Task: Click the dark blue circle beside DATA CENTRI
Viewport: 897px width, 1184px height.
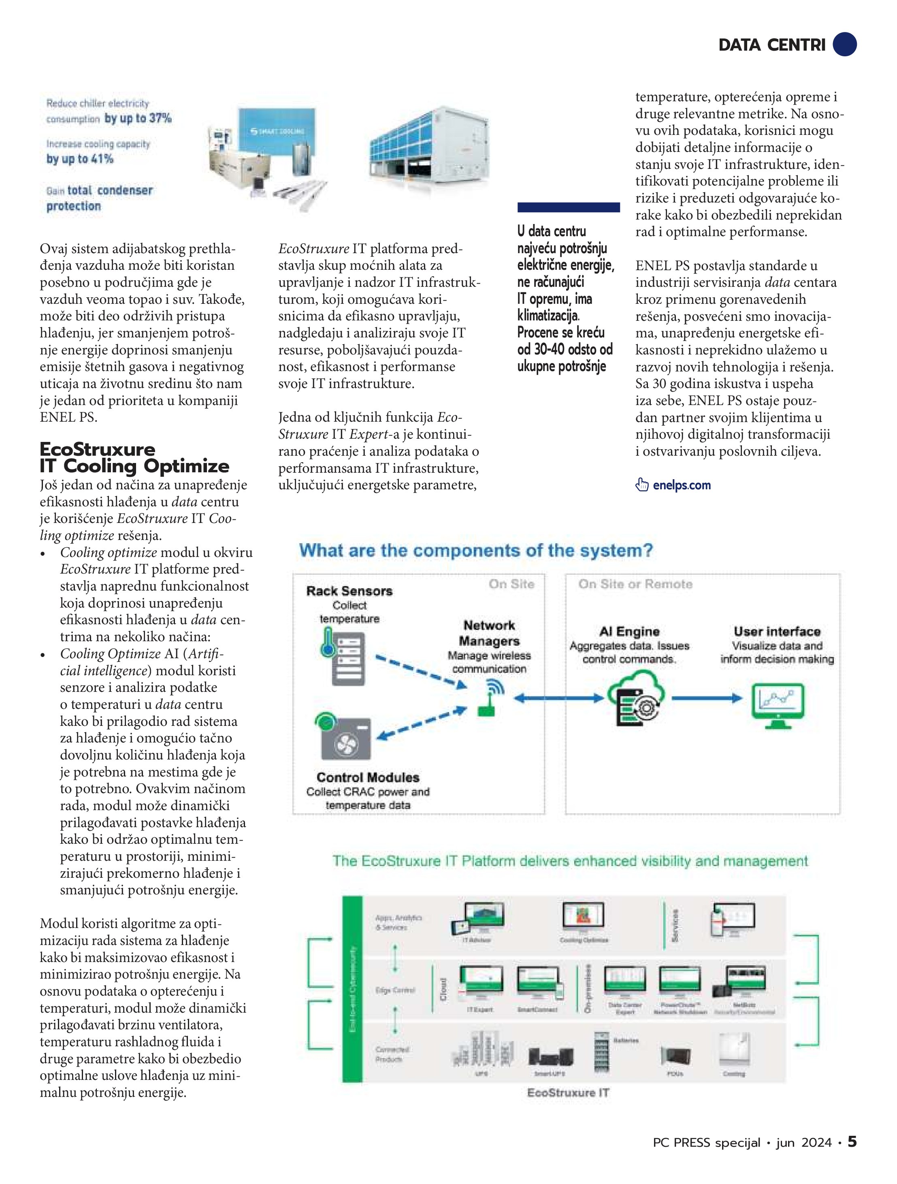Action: (x=844, y=44)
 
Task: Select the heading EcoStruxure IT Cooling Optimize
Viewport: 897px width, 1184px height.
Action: (x=134, y=458)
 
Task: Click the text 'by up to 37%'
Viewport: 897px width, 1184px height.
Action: (x=138, y=118)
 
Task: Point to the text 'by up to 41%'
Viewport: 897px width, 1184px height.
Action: (x=80, y=158)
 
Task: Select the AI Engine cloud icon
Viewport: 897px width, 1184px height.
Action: (x=635, y=700)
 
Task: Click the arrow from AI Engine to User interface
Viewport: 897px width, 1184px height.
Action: (x=706, y=698)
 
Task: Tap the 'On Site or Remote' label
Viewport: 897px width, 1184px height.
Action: (x=635, y=584)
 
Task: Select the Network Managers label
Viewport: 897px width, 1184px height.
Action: (x=489, y=633)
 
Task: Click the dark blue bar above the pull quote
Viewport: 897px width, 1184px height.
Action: (x=569, y=207)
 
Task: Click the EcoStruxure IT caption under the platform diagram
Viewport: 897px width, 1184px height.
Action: (x=568, y=1092)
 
